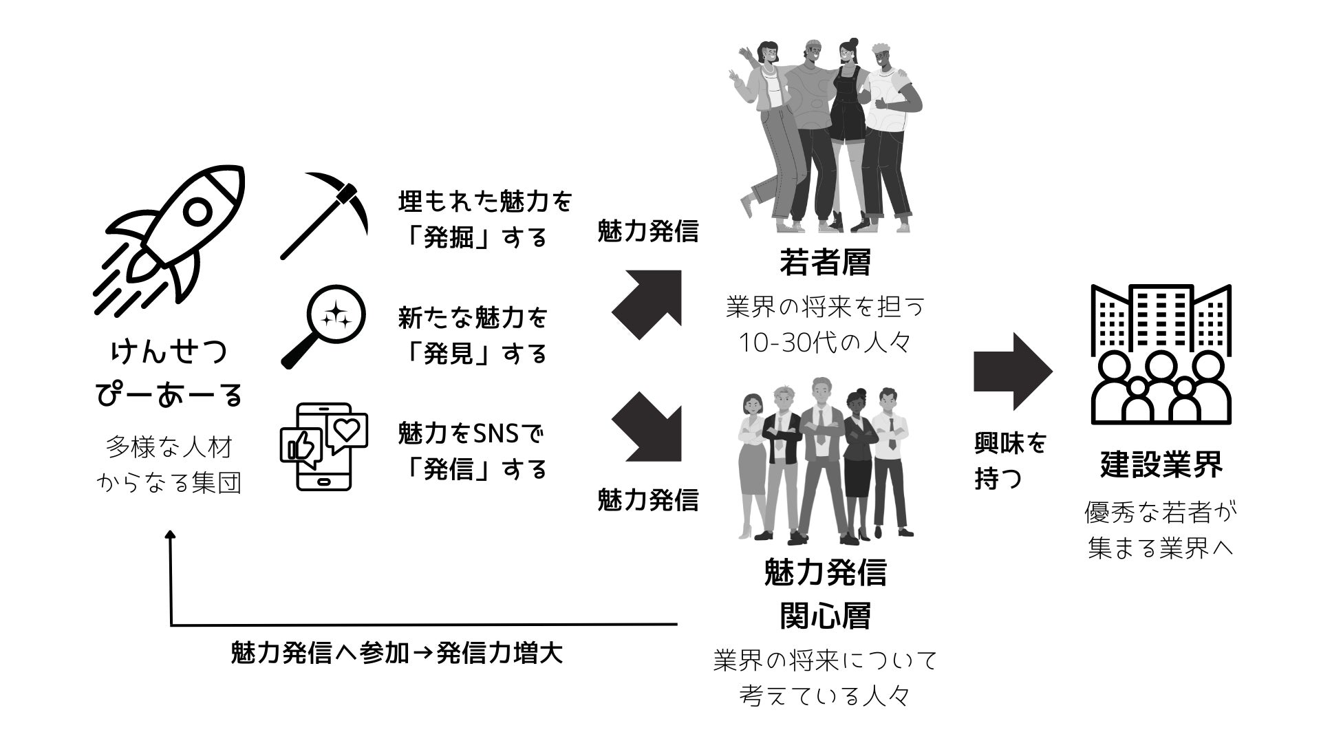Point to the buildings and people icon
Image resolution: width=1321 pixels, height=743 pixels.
tap(1161, 354)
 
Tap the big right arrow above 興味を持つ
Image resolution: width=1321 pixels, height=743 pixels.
tap(1012, 372)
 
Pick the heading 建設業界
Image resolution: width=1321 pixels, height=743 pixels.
tap(1161, 464)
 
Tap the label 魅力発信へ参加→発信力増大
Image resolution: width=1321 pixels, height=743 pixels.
tap(396, 653)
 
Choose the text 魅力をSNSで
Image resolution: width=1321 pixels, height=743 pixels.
tap(471, 433)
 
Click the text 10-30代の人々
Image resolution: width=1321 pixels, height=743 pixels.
tap(825, 343)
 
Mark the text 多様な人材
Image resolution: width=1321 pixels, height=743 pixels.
tap(169, 448)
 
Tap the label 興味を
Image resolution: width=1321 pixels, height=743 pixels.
tap(1009, 444)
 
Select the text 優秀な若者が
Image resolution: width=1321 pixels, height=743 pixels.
tap(1161, 513)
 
